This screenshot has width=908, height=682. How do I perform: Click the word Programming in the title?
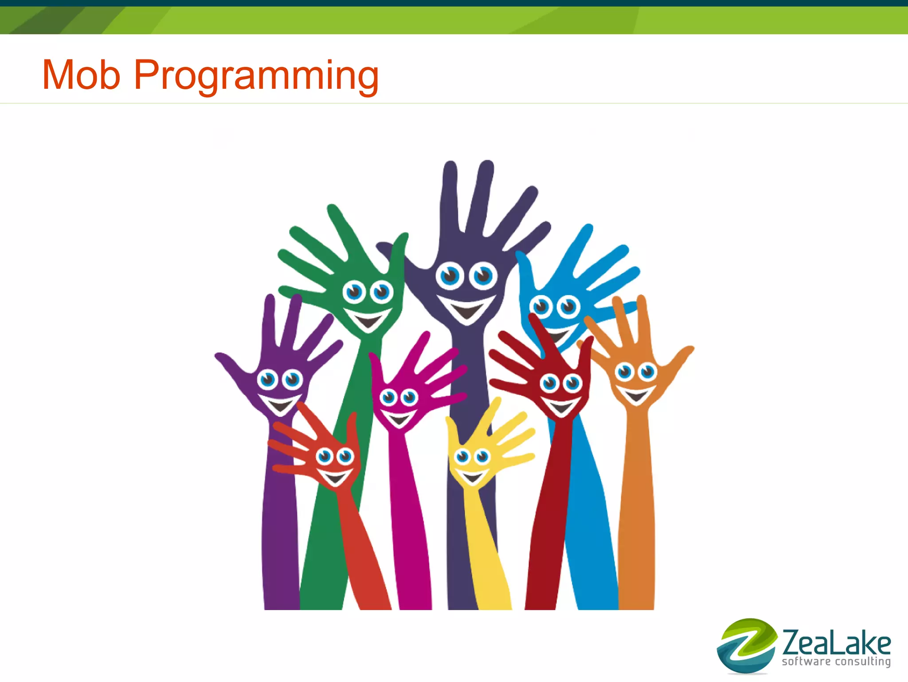point(256,76)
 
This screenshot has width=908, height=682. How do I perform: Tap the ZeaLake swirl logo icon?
point(747,646)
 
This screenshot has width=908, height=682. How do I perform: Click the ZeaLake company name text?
point(836,643)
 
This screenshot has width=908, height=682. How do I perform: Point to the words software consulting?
point(836,662)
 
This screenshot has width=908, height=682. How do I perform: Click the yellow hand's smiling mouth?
point(472,477)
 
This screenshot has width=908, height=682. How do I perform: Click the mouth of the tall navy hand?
point(466,308)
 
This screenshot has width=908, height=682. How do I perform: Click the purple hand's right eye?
point(293,380)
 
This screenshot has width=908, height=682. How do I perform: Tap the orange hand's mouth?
point(636,395)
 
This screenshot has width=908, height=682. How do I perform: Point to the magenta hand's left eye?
point(389,397)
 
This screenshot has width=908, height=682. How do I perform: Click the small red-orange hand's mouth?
point(335,477)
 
